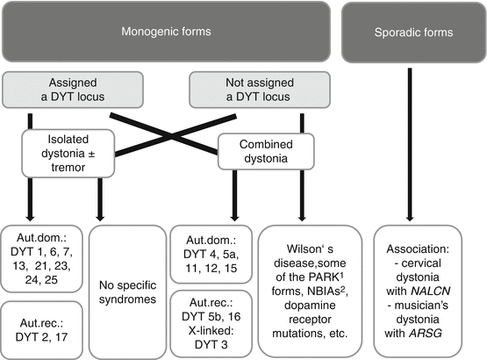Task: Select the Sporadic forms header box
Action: tap(411, 33)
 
